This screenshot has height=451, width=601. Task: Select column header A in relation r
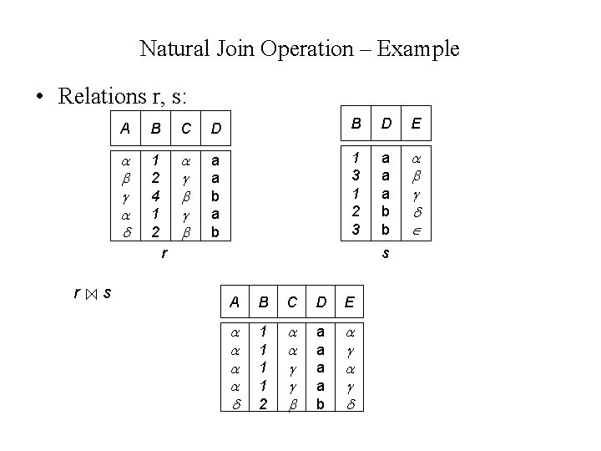click(125, 129)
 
